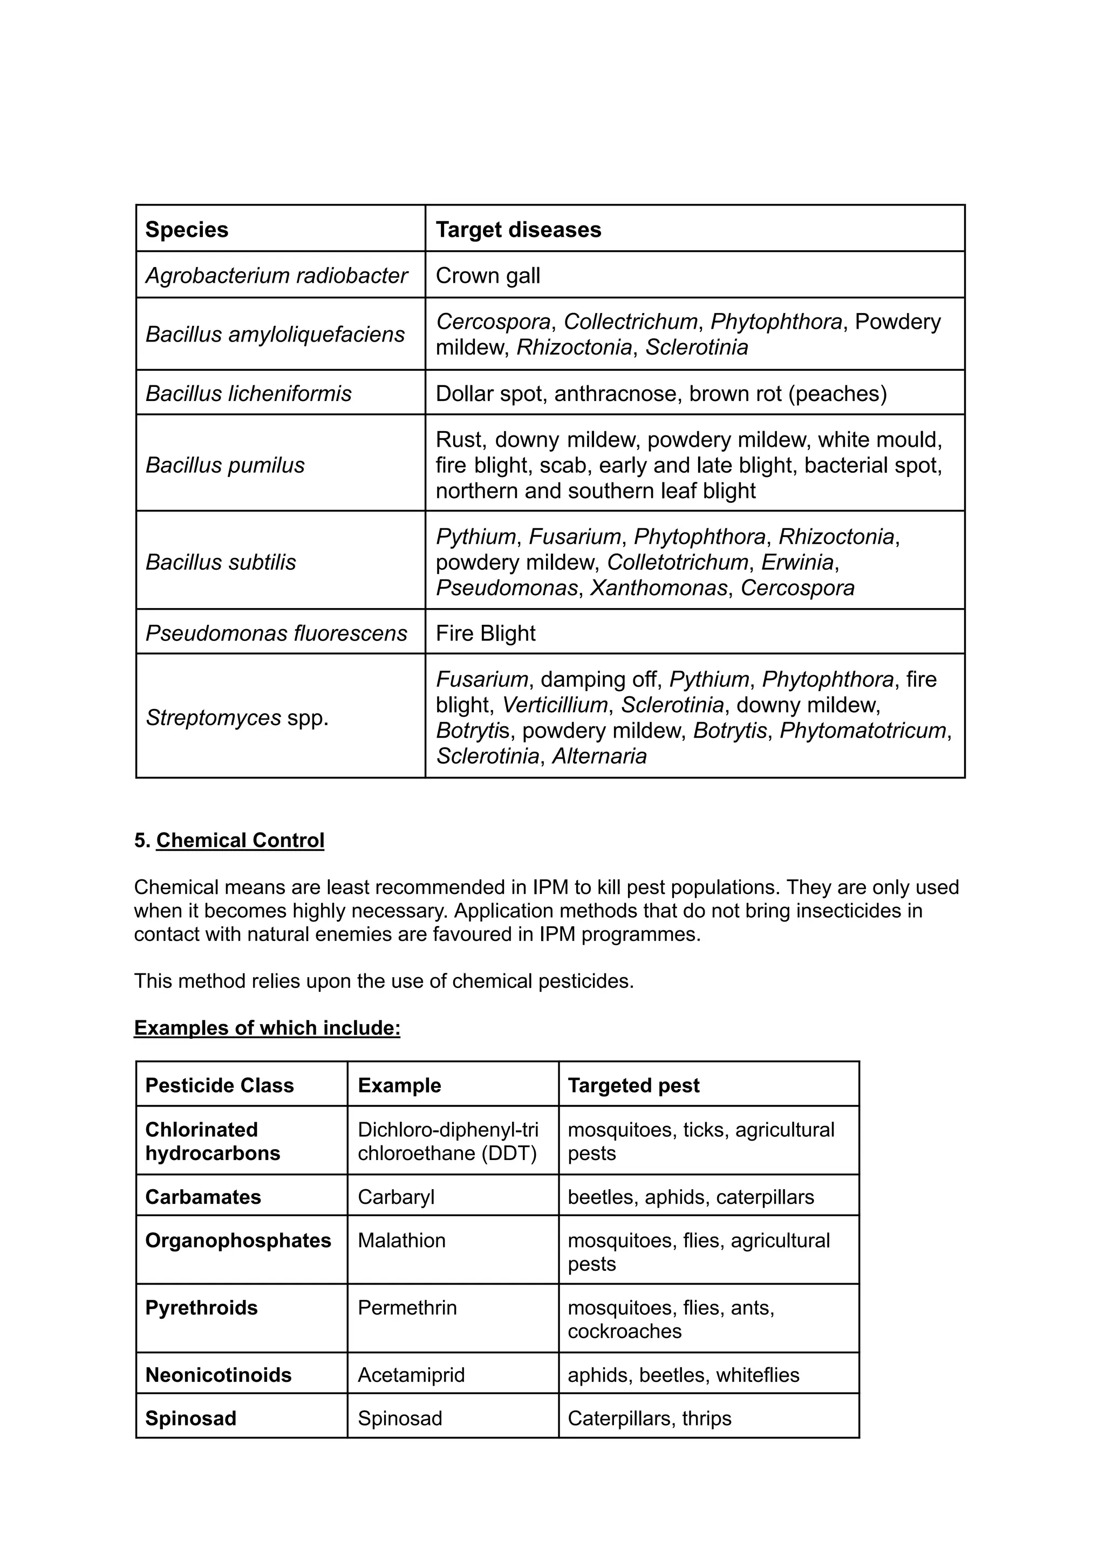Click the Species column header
point(187,229)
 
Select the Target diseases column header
point(519,229)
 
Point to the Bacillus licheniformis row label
point(248,393)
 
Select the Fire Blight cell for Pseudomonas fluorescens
point(485,633)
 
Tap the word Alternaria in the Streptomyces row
point(599,755)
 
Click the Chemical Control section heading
point(240,840)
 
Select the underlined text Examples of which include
point(267,1027)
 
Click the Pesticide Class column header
point(219,1085)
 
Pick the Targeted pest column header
point(633,1085)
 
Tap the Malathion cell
point(401,1240)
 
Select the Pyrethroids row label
point(201,1308)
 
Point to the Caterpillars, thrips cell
point(649,1418)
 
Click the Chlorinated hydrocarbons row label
point(212,1141)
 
